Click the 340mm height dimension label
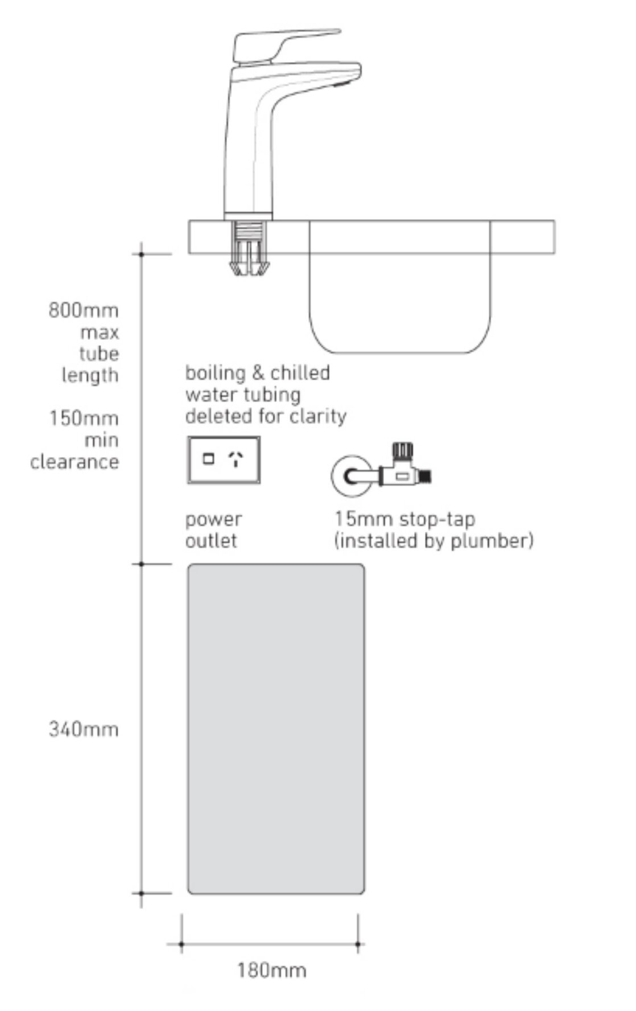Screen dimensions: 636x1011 tap(84, 729)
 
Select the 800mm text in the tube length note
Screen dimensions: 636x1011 tap(84, 310)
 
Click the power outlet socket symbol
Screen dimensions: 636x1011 tap(224, 460)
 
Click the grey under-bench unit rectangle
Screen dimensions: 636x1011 tap(276, 729)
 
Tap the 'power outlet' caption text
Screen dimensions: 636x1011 tap(213, 530)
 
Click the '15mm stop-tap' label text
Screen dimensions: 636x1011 tap(404, 519)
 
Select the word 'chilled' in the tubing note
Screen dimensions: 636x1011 tap(300, 373)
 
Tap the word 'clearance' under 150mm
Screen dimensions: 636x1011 tap(75, 462)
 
